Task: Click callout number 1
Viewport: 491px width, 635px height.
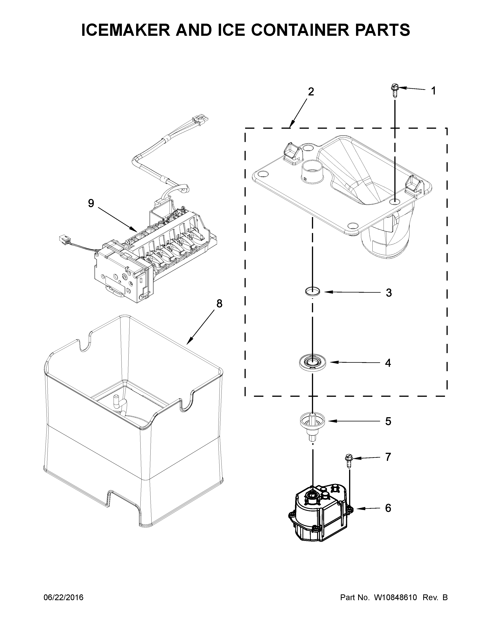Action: [x=433, y=91]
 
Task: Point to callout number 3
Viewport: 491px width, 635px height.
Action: [x=389, y=293]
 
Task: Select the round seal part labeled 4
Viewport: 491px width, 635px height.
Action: [x=312, y=363]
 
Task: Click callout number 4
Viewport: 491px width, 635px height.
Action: [x=388, y=363]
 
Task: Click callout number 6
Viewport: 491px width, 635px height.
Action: [x=388, y=508]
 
